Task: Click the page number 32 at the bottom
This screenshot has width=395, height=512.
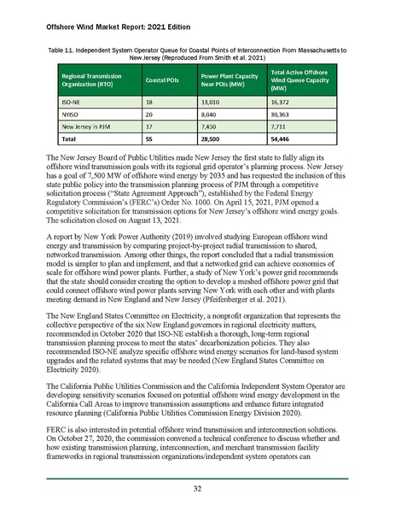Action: click(x=197, y=489)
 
